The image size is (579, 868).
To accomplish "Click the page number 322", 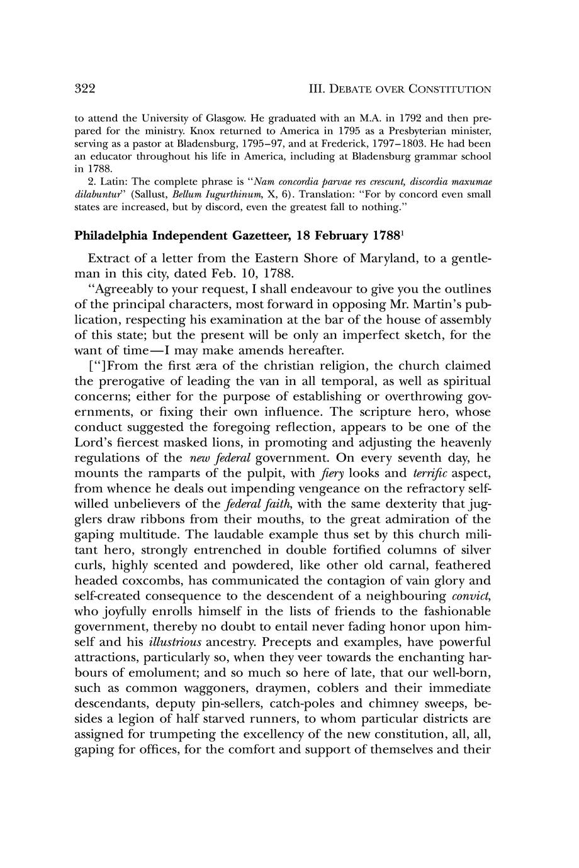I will (x=84, y=89).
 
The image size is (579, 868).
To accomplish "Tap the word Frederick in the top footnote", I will (x=299, y=143).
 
